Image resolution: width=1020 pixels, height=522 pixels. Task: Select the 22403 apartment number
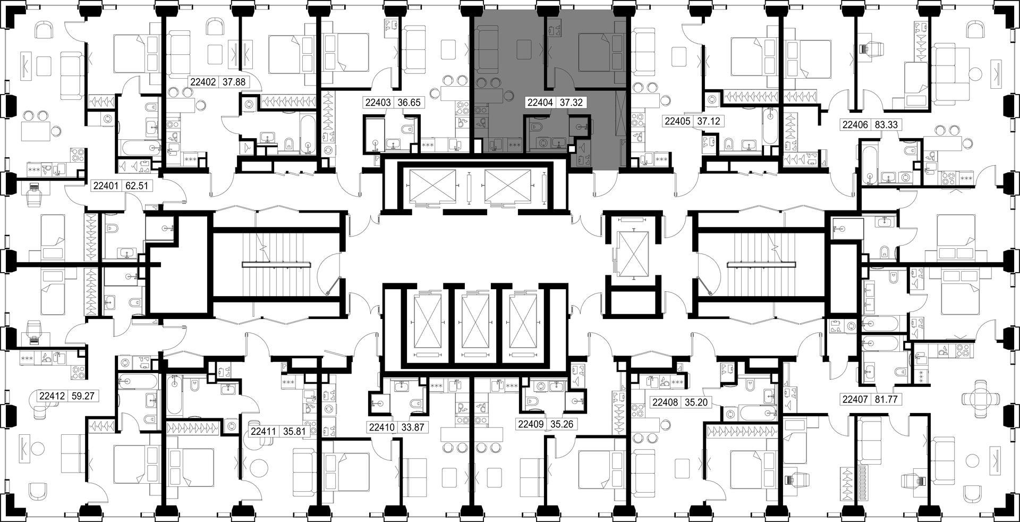point(378,103)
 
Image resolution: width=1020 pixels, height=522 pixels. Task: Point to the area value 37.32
point(571,103)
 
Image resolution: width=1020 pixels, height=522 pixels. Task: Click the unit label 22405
point(677,121)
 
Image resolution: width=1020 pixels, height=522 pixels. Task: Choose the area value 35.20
point(695,402)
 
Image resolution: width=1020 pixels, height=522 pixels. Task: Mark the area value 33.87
point(412,426)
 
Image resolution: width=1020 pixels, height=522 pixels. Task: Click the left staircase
point(277,264)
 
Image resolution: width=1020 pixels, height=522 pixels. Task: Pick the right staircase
point(761,264)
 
